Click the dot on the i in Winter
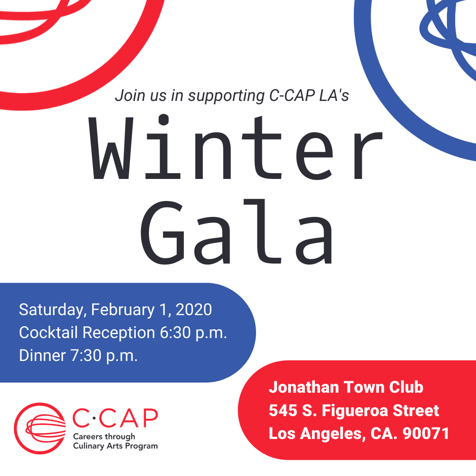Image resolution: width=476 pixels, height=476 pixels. [164, 119]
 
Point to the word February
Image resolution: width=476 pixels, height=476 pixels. [123, 310]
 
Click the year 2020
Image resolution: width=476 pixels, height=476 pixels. [193, 310]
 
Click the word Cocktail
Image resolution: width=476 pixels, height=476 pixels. [48, 332]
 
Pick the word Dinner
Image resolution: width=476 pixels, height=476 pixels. [42, 356]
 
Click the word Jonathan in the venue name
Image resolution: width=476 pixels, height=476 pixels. [304, 387]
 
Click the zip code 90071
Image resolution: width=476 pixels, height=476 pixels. [426, 434]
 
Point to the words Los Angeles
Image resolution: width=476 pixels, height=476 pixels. [315, 434]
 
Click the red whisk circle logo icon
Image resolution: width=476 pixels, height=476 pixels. [40, 428]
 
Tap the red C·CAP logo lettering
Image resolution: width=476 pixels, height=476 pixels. [115, 418]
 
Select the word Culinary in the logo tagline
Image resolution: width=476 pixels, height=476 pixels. [88, 446]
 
